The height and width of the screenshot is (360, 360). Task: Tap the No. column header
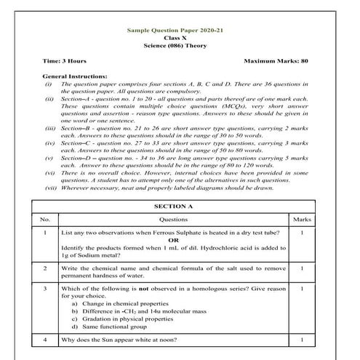click(x=45, y=218)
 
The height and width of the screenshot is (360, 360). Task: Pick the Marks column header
click(x=301, y=218)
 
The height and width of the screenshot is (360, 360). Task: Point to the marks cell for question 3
click(x=301, y=289)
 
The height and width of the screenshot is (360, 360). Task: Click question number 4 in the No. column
click(x=45, y=340)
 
